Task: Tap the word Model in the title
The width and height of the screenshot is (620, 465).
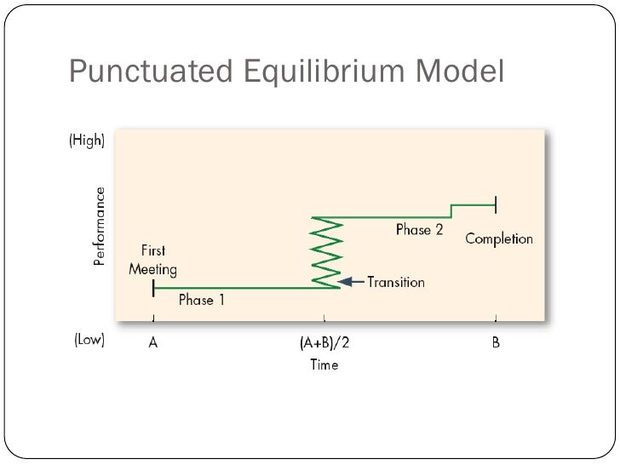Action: [x=460, y=72]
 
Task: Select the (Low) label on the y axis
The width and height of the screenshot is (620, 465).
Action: [x=86, y=340]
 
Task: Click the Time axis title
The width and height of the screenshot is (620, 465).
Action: [x=324, y=365]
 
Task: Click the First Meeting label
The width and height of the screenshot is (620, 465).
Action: [x=152, y=261]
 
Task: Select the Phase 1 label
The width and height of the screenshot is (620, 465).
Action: [x=202, y=300]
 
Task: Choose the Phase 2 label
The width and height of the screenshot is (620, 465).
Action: [x=419, y=230]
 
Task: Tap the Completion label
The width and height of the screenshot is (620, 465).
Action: [x=498, y=238]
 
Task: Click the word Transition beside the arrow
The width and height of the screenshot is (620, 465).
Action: [x=395, y=282]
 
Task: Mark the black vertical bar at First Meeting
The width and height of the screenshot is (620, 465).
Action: [x=153, y=288]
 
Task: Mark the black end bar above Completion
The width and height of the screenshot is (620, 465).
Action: [x=495, y=204]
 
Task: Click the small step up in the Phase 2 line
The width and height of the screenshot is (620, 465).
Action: [x=451, y=210]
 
